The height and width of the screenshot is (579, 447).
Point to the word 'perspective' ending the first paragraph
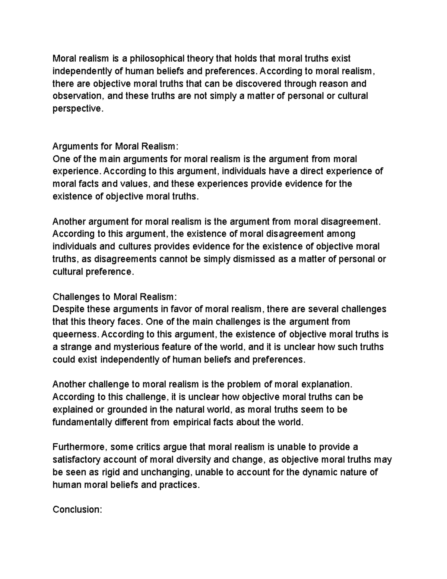click(x=76, y=109)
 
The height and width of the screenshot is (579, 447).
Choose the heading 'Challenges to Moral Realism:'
click(x=113, y=297)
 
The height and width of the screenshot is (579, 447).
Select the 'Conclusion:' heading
click(x=77, y=510)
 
